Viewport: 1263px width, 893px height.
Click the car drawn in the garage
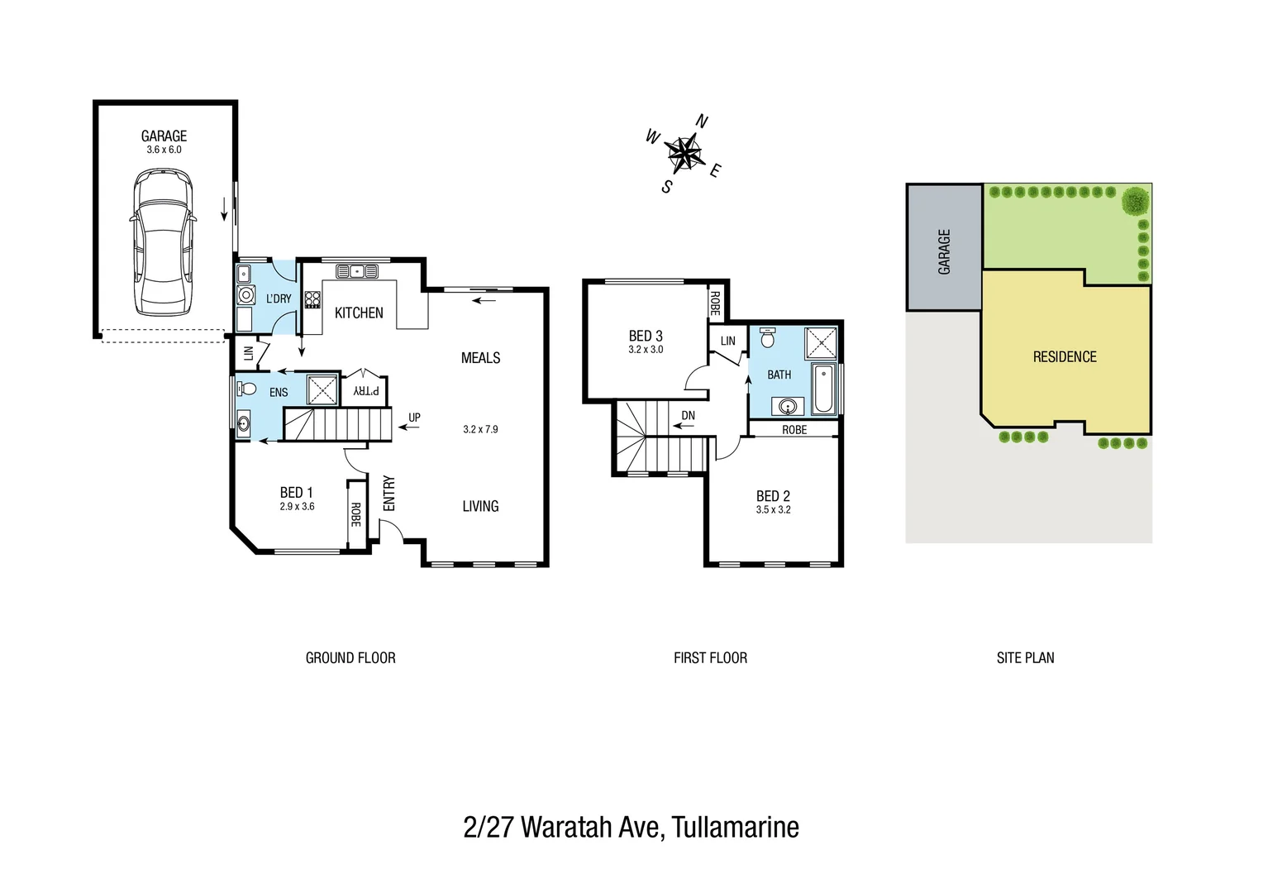point(163,241)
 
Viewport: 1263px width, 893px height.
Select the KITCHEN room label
point(359,313)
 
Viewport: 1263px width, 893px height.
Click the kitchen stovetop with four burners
point(312,299)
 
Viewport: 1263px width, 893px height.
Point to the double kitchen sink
point(356,271)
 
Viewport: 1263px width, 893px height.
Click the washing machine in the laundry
point(246,294)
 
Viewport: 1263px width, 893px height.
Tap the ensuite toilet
point(246,387)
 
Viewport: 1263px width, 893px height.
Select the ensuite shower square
point(322,389)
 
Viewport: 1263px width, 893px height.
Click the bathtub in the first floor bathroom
point(823,388)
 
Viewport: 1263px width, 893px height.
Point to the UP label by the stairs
point(414,418)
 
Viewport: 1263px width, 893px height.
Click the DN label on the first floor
point(688,415)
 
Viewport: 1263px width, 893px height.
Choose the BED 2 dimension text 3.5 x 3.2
point(773,510)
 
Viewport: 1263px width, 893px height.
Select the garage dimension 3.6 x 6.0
point(164,150)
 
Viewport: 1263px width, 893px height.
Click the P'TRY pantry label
point(366,390)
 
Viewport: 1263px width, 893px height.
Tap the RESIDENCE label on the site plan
point(1065,357)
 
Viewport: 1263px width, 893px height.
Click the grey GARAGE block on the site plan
point(944,248)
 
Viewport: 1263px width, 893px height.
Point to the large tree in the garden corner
point(1136,201)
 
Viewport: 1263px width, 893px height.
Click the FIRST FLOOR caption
point(710,658)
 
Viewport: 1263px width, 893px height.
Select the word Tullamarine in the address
point(735,827)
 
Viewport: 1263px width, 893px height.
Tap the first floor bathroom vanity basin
point(788,406)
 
